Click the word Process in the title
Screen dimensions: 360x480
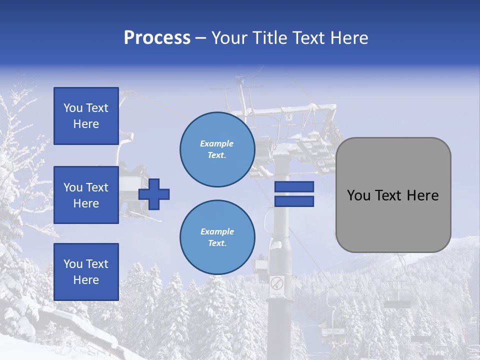[157, 38]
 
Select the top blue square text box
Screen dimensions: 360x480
[86, 116]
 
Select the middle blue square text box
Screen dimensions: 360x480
[86, 195]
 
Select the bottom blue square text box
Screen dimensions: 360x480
[86, 272]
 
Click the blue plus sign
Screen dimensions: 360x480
[154, 194]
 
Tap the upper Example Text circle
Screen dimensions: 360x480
[217, 149]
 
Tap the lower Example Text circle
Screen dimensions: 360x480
[217, 237]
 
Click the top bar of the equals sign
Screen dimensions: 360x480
[294, 187]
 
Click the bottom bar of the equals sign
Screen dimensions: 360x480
[294, 201]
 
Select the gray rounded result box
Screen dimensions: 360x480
[393, 195]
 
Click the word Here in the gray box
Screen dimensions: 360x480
[421, 195]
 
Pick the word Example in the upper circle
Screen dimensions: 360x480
[217, 143]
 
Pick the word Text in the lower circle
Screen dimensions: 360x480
[217, 243]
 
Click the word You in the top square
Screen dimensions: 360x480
[73, 108]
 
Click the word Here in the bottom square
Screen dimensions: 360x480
[86, 280]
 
